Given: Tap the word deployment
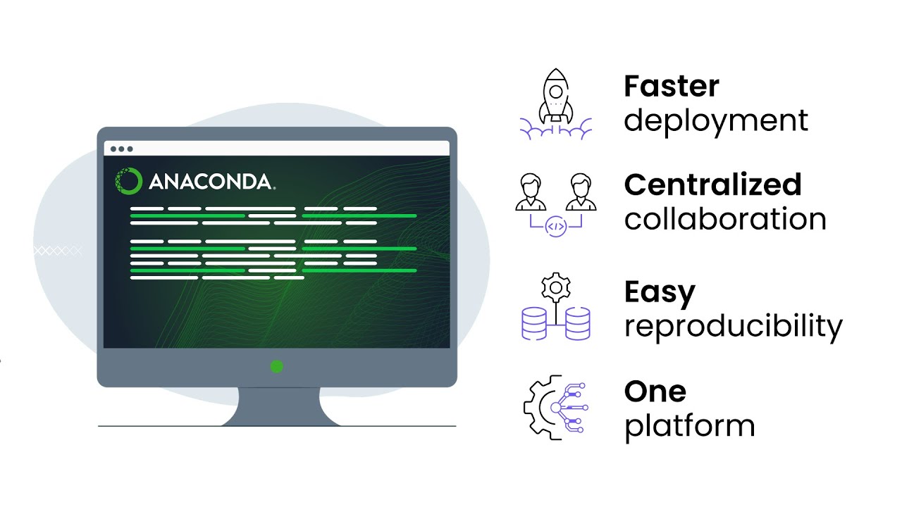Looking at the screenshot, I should coord(715,121).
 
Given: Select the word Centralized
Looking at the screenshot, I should coord(712,184).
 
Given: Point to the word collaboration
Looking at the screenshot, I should coord(725,219).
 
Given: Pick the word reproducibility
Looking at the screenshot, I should coord(733,327).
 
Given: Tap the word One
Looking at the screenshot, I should coord(655,392).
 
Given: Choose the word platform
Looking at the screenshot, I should coord(689,427).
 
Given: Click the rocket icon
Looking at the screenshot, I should coord(556,99).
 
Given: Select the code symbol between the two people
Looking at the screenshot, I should coord(556,227).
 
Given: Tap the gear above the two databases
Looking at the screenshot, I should coord(556,287).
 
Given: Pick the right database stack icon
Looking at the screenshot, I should coord(578,323).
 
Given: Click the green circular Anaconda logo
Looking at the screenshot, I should coord(128,181).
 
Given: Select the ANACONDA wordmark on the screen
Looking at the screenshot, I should coord(211,182).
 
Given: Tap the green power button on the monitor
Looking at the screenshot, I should coord(277,366).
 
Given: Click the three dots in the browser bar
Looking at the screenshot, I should coord(121,149).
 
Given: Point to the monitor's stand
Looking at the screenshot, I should coord(277,406).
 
